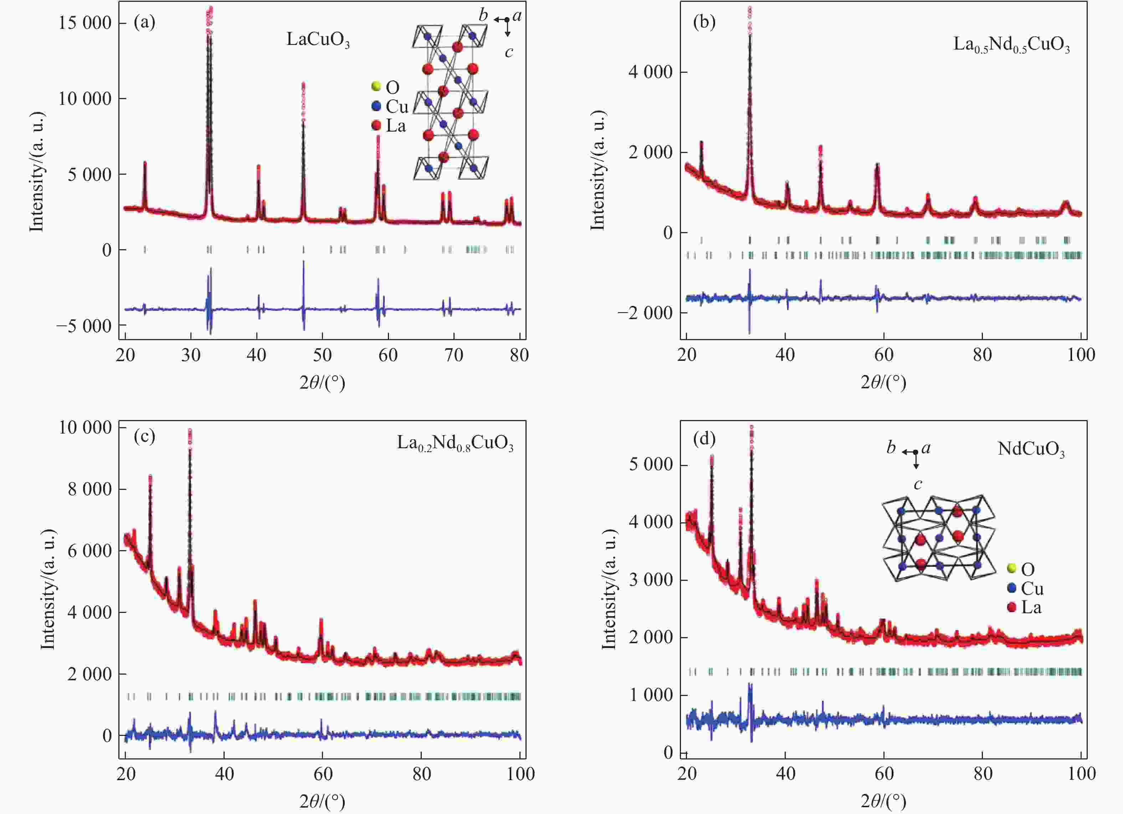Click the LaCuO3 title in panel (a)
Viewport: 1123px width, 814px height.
318,40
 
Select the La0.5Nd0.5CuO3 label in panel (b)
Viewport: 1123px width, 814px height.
1011,45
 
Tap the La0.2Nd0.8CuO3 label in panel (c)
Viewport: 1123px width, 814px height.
455,442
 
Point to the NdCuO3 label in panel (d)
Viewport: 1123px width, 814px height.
1031,449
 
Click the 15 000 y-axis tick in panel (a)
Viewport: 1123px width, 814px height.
85,23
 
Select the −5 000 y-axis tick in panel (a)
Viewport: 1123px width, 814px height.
84,326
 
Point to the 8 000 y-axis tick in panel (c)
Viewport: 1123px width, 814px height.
89,489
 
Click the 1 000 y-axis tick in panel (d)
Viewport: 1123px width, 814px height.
651,695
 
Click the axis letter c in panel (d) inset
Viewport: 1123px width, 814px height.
918,484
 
